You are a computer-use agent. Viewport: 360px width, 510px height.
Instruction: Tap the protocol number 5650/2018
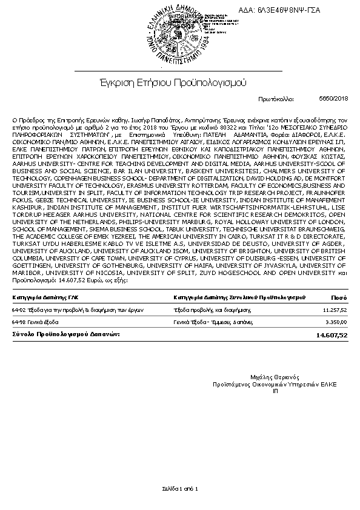333,98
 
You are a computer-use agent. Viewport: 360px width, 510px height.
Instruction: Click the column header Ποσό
339,297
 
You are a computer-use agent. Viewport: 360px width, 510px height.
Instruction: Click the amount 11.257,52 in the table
335,310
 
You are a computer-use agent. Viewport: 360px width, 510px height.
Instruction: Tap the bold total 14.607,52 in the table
332,334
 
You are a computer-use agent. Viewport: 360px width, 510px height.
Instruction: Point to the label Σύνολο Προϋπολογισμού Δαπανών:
66,334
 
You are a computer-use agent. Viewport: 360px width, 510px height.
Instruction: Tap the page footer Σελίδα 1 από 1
179,488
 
